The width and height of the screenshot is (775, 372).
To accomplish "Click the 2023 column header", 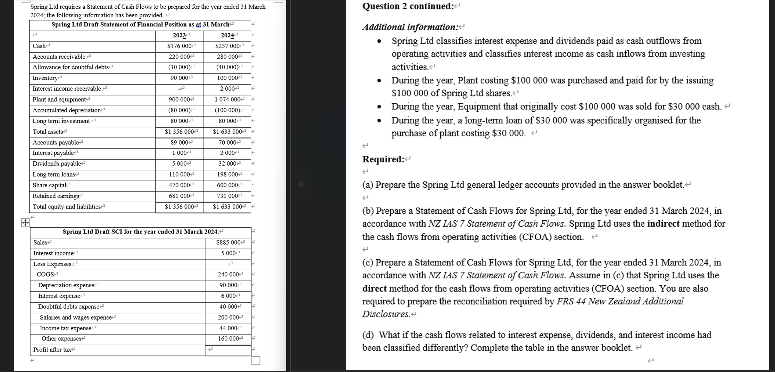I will pyautogui.click(x=180, y=35).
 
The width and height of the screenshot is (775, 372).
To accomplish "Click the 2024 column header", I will pyautogui.click(x=227, y=35).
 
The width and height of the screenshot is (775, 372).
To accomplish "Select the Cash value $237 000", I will pyautogui.click(x=228, y=46).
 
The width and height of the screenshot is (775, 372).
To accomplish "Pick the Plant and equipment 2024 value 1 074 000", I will pyautogui.click(x=227, y=100).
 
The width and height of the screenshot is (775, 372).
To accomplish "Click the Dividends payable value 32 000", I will pyautogui.click(x=227, y=164).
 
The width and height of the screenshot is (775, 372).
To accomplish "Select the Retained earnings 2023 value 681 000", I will pyautogui.click(x=180, y=196).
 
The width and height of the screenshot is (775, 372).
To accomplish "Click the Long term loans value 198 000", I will pyautogui.click(x=227, y=175).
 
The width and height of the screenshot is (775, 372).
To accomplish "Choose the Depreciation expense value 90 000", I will pyautogui.click(x=228, y=285).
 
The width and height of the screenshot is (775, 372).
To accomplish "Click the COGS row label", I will pyautogui.click(x=45, y=274).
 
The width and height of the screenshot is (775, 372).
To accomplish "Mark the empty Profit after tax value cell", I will pyautogui.click(x=228, y=350).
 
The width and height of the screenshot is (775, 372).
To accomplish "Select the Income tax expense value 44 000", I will pyautogui.click(x=228, y=328).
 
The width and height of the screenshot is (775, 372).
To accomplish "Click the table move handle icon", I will pyautogui.click(x=25, y=222).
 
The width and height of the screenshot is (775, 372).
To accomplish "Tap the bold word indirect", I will pyautogui.click(x=663, y=224).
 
